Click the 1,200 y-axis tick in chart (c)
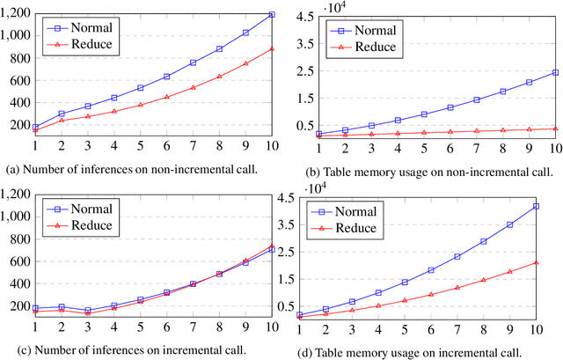[x=15, y=190]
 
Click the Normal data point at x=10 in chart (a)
[x=272, y=15]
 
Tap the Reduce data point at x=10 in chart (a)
[x=272, y=48]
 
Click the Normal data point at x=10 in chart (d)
[x=536, y=206]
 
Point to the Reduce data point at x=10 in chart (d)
[x=536, y=262]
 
